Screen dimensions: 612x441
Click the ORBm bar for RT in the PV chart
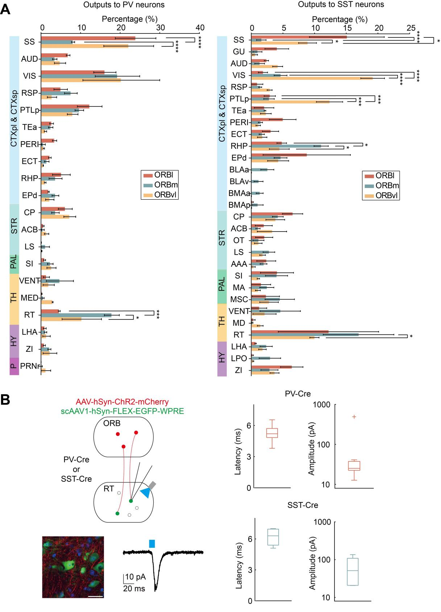(x=76, y=315)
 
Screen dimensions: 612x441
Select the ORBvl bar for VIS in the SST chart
(x=312, y=78)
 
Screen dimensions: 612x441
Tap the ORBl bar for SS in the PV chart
(x=88, y=38)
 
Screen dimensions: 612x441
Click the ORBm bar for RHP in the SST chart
(x=286, y=146)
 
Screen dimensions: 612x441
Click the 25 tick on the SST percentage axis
(x=411, y=28)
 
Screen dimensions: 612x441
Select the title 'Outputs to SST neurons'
(x=341, y=5)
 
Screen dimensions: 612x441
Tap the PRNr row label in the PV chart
(x=30, y=366)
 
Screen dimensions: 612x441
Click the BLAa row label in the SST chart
(x=239, y=170)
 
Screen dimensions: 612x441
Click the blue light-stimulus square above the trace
(x=152, y=543)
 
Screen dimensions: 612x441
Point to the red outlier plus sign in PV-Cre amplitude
(x=354, y=417)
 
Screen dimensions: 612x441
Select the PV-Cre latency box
(x=272, y=433)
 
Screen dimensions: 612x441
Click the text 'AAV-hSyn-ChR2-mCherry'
(x=122, y=402)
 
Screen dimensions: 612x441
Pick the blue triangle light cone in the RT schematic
(x=146, y=493)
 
